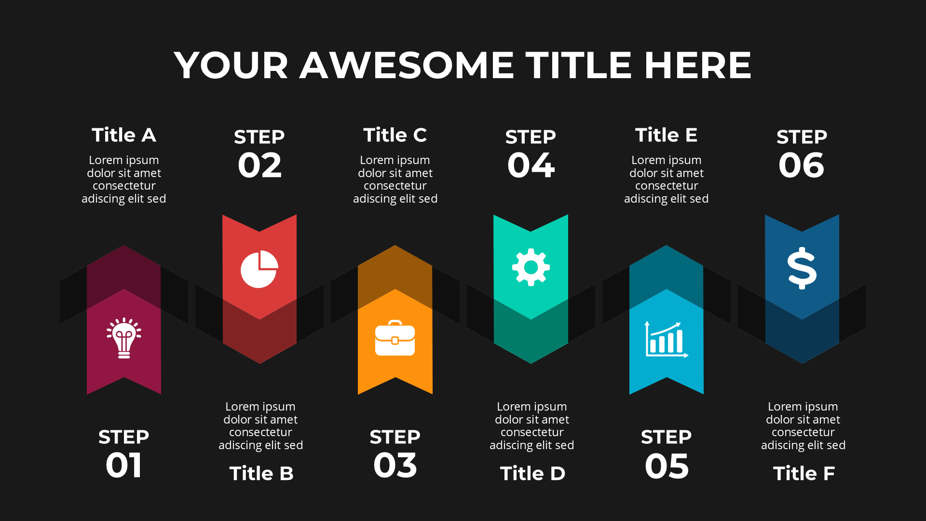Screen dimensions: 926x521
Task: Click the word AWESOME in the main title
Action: point(408,65)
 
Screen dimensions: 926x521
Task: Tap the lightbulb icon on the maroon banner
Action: point(124,338)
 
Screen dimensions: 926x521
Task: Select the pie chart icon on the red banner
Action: point(259,269)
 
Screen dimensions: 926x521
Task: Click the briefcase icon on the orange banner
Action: point(395,338)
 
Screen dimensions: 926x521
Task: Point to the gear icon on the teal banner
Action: point(531,267)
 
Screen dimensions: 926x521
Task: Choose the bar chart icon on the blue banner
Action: point(667,340)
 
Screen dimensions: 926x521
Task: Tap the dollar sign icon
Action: point(802,268)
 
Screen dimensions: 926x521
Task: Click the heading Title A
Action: point(124,135)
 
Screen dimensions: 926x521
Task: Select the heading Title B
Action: point(261,474)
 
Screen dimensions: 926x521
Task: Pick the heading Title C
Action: point(395,135)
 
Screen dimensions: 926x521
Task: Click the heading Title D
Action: point(532,474)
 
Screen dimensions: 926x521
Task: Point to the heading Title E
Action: point(667,135)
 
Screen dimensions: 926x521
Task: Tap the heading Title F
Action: point(804,474)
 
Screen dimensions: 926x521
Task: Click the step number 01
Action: point(124,466)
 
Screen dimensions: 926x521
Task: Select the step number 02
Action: point(259,165)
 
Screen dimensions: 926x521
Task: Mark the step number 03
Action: point(395,466)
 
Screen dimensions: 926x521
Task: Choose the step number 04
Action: point(531,165)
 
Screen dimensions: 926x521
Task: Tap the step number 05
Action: point(667,466)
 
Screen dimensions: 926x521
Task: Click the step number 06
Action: point(802,165)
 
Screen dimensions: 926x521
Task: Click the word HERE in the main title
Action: point(698,65)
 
